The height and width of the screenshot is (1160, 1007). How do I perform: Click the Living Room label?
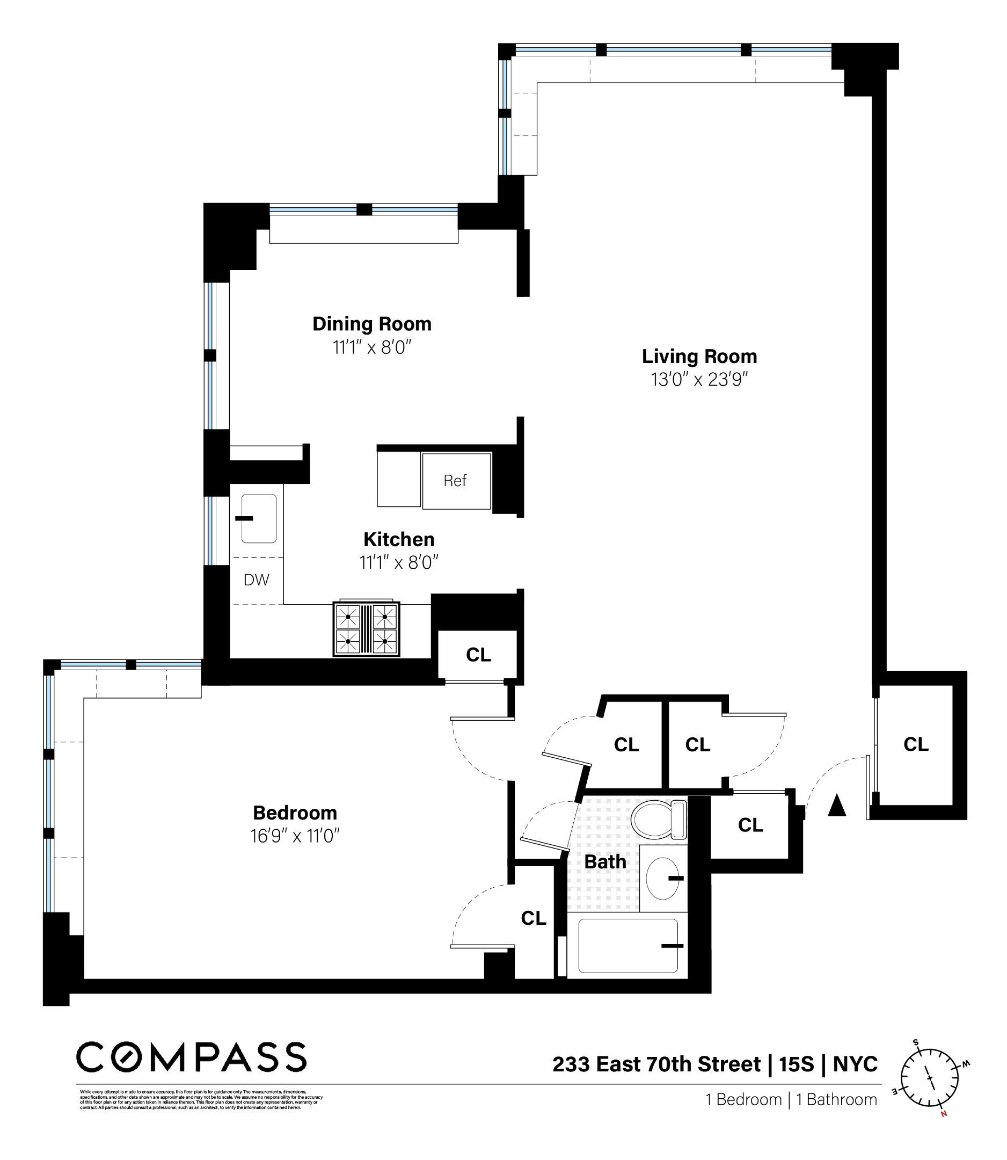point(699,357)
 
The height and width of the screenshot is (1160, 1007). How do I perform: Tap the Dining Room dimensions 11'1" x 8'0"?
point(372,347)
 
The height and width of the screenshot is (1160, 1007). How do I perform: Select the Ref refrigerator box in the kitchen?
point(456,481)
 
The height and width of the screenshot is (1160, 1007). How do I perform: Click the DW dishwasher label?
point(256,579)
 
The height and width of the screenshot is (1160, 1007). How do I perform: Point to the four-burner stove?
point(367,629)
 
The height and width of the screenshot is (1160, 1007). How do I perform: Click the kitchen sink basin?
point(259,518)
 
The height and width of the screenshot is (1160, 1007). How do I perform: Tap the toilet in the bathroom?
point(658,820)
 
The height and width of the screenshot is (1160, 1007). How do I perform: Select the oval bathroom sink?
point(663,878)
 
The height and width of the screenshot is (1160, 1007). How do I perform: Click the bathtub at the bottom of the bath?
point(627,946)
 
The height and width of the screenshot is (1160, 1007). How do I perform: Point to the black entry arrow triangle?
point(837,805)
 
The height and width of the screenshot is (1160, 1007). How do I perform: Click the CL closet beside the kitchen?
point(478,655)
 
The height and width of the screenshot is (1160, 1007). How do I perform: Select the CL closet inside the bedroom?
point(533,918)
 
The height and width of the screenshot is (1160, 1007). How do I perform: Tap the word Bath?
point(604,861)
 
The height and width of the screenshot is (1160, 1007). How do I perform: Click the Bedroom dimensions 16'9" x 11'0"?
point(295,836)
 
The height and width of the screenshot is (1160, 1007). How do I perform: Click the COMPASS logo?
point(191,1057)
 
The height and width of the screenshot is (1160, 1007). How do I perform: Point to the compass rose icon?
point(930,1078)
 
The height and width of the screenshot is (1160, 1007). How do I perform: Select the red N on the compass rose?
point(944,1114)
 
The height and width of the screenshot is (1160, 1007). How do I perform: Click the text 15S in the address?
point(796,1064)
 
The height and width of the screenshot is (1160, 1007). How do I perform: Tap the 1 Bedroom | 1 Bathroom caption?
point(791,1099)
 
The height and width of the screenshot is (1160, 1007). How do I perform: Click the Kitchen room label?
point(399,539)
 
